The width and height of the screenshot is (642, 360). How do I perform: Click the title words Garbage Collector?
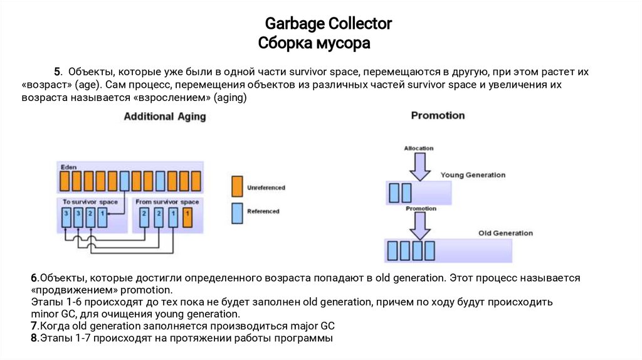point(328,24)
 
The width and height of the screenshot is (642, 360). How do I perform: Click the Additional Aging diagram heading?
point(164,117)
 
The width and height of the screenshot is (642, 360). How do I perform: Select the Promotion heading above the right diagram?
point(438,115)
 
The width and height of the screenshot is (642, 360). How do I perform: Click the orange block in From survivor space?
point(187,217)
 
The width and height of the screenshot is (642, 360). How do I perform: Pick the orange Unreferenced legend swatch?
point(236,187)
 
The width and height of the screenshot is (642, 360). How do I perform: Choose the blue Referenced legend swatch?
point(236,211)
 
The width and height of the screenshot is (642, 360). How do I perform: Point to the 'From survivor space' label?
point(167,202)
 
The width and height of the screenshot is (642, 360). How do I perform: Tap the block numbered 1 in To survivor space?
point(102,217)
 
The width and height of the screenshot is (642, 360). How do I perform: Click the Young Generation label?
point(473,175)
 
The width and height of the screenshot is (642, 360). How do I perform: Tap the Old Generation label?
point(505,233)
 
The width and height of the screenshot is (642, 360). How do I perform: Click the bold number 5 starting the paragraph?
point(56,71)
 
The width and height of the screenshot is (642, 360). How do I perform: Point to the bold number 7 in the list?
point(34,327)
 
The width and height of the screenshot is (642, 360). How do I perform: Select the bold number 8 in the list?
point(34,339)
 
